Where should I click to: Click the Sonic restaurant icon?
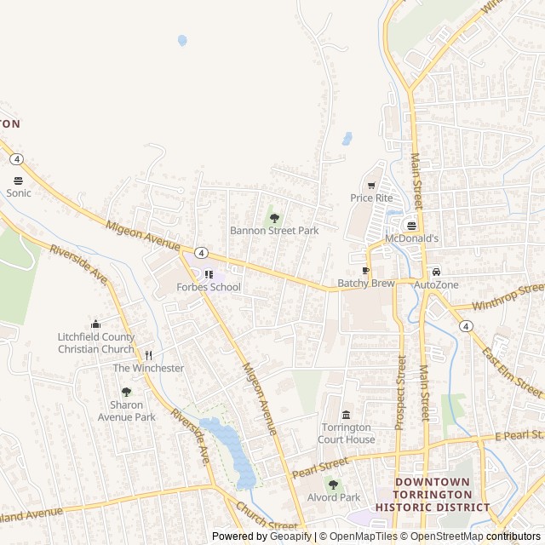point(19,181)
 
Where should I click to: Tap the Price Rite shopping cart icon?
point(371,186)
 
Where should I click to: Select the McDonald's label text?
point(412,238)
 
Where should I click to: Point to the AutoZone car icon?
point(436,272)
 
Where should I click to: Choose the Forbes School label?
point(209,287)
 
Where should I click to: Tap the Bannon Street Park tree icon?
point(274,219)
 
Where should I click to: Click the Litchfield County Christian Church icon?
point(95,324)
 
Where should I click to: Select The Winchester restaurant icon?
point(148,355)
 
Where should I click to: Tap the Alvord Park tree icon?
point(333,485)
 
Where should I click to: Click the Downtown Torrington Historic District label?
point(433,494)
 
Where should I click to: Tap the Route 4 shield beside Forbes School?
point(200,253)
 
